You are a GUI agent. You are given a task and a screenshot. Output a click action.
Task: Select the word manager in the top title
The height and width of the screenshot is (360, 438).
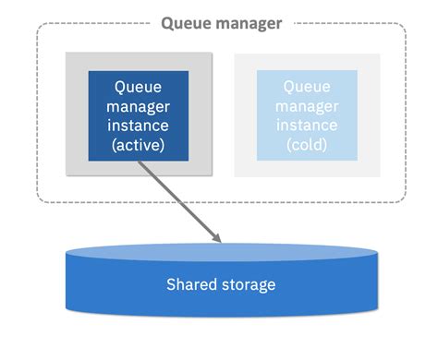(x=248, y=23)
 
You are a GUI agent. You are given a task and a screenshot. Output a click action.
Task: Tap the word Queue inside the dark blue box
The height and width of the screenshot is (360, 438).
(x=139, y=87)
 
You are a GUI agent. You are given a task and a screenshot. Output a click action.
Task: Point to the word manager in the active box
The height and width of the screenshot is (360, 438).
(x=139, y=106)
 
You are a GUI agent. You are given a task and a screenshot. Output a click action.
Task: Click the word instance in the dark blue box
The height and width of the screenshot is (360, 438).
(x=139, y=126)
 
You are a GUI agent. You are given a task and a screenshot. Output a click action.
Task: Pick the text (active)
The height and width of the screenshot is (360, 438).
(x=139, y=145)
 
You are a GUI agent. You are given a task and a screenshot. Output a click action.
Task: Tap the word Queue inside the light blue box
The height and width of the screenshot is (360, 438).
(x=307, y=87)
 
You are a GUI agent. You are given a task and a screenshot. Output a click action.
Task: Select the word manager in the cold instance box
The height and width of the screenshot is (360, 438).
(x=307, y=106)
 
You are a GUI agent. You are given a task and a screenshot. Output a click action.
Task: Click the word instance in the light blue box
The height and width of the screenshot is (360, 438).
(x=307, y=126)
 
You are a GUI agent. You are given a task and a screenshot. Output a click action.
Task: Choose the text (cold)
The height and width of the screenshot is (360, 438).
(x=307, y=145)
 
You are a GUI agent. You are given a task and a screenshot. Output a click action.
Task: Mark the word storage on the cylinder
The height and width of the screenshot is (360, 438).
(x=247, y=284)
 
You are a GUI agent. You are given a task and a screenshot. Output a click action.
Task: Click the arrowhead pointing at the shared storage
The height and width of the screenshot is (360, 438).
(x=217, y=239)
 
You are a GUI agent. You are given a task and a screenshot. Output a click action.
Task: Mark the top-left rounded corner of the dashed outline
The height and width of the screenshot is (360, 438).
(x=43, y=30)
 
